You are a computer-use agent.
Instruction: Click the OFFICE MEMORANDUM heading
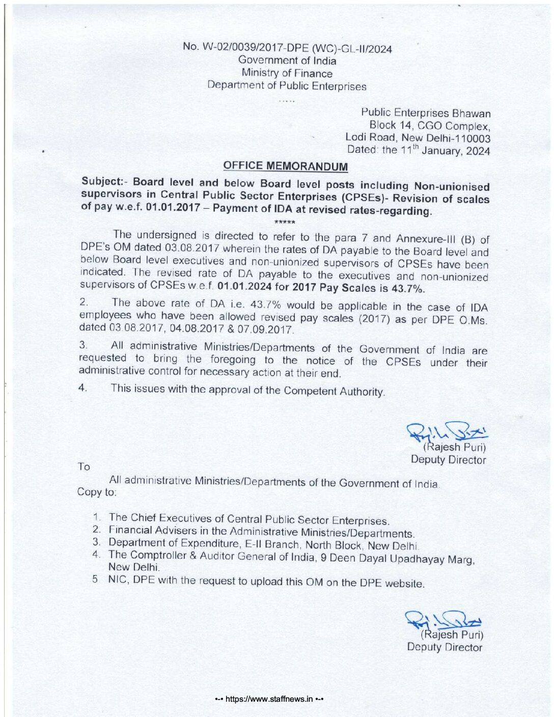286,167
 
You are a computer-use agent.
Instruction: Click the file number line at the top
287,48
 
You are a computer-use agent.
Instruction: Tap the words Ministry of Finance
287,73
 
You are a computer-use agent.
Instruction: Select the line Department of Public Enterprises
287,86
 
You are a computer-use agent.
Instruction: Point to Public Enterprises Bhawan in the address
426,113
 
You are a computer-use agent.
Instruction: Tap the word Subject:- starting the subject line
103,182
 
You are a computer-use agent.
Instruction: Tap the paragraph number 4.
82,388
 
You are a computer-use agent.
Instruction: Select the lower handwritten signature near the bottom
444,620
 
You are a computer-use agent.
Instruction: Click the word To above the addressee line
84,466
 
